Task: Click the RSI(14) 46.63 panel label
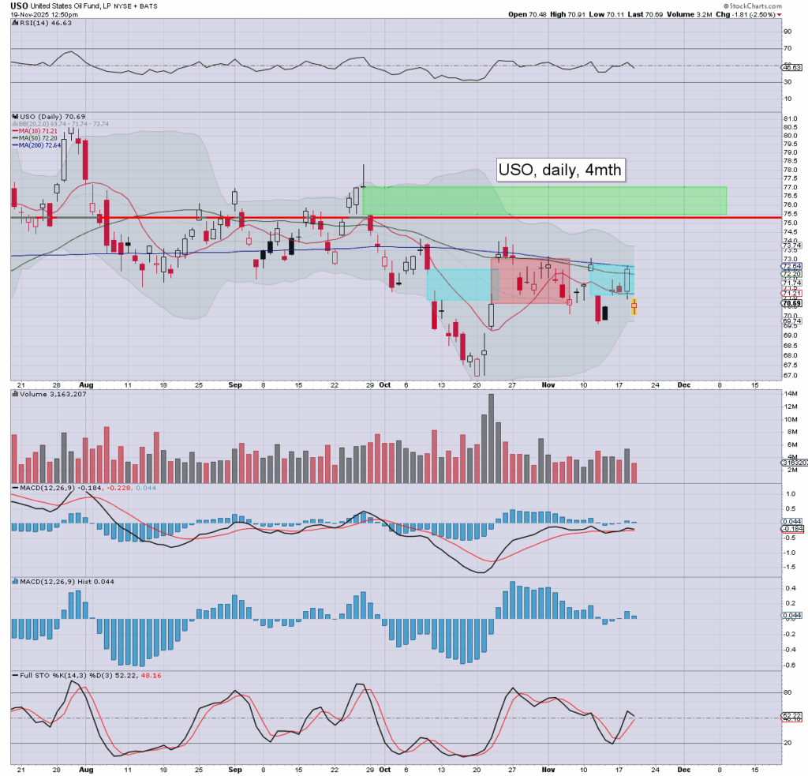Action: pos(39,23)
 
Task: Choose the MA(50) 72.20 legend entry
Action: pos(36,137)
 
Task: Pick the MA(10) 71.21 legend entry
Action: pos(36,131)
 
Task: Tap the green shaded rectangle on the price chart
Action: pos(544,201)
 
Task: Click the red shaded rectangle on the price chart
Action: pos(529,280)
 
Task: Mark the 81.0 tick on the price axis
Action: pos(790,119)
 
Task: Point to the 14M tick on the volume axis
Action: pos(790,406)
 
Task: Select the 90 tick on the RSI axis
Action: pos(787,32)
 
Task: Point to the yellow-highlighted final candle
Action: pos(634,307)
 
